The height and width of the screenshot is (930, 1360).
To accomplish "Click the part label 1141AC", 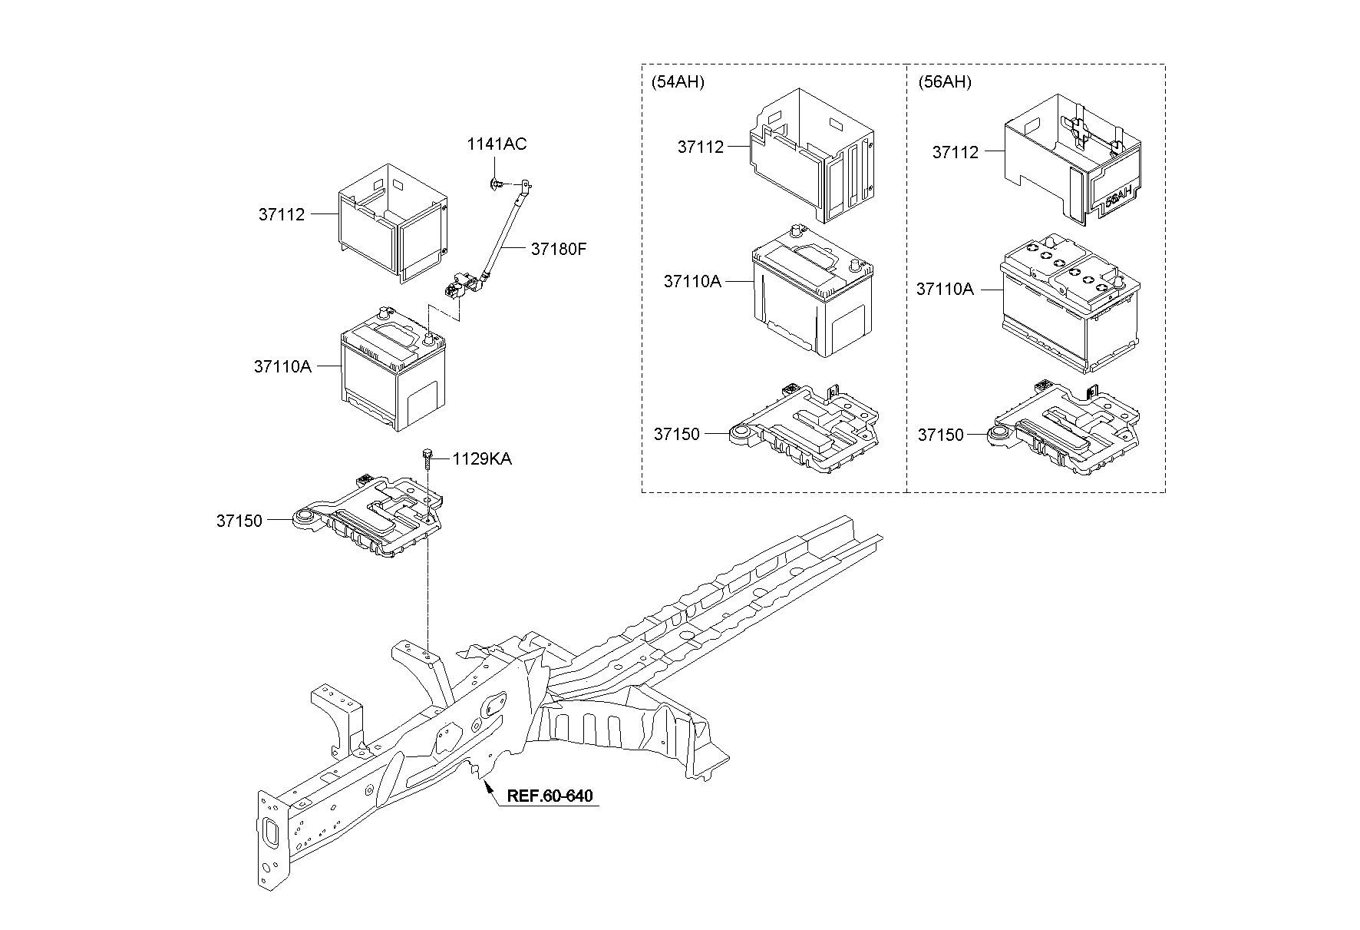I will [497, 144].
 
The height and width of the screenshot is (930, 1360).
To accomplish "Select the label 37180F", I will [558, 250].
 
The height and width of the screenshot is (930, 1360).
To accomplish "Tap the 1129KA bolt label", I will [481, 459].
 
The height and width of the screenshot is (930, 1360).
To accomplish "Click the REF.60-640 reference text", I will [550, 796].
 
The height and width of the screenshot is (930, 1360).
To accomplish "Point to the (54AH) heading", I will [677, 82].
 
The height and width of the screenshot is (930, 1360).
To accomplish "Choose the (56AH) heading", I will [944, 82].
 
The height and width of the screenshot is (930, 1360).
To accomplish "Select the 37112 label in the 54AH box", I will [700, 147].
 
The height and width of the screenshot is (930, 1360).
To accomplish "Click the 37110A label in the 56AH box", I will [944, 290].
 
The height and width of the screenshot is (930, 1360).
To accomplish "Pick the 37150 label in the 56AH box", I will [940, 435].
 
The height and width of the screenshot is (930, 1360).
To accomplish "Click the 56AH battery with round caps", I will [1071, 303].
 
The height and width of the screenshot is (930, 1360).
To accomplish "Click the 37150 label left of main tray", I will [239, 521].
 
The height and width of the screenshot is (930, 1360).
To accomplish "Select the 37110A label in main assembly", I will [282, 367].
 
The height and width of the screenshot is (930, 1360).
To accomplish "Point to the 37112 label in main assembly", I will [281, 215].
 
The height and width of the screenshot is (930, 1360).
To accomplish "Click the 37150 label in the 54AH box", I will [676, 435].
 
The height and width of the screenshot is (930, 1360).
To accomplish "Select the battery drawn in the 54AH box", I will [812, 296].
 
